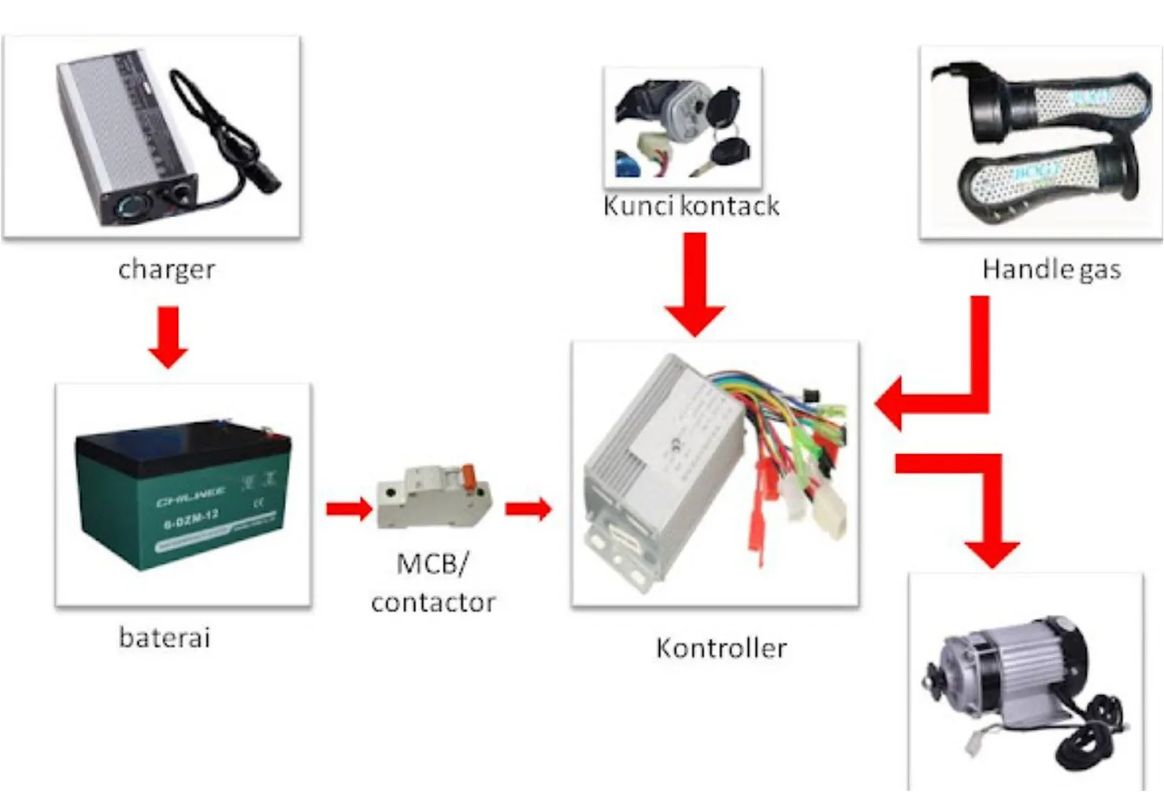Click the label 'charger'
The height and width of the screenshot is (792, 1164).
point(166,269)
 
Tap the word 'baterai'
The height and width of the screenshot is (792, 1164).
point(165,637)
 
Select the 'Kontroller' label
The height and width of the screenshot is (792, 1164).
point(721,648)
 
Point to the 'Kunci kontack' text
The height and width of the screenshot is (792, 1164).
point(691,205)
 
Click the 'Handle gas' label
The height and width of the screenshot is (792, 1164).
point(1051,269)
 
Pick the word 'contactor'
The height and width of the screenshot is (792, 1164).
point(433,602)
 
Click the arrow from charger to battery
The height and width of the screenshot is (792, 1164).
point(168,337)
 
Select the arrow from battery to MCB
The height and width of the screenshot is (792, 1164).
point(349,508)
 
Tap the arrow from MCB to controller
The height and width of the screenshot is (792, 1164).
point(528,509)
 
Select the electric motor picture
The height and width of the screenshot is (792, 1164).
point(1024,685)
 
